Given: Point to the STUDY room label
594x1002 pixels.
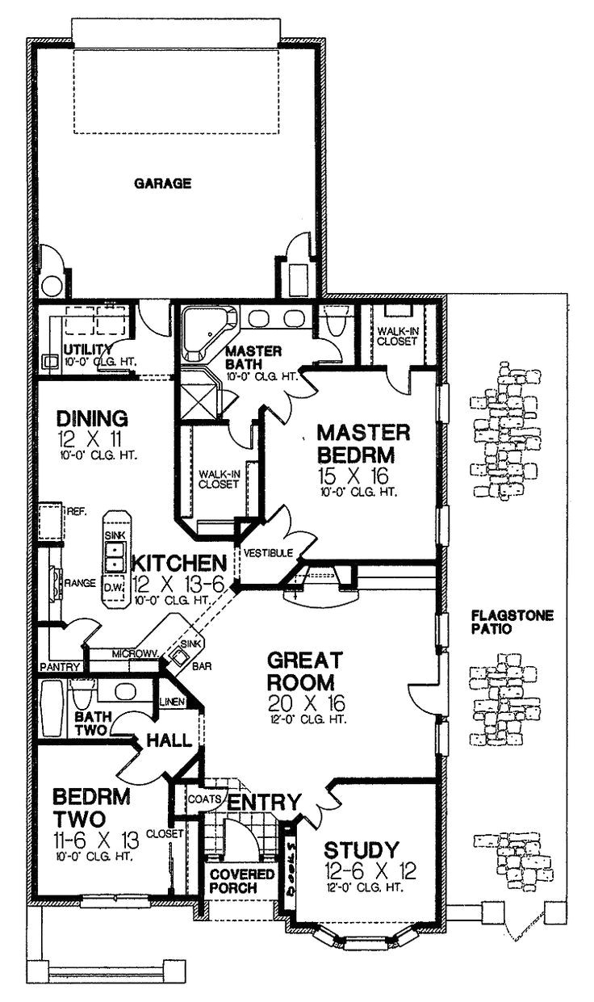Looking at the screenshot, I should pyautogui.click(x=361, y=849).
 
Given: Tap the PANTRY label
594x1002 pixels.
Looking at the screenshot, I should pyautogui.click(x=60, y=667).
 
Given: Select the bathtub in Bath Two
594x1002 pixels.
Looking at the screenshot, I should pyautogui.click(x=52, y=709).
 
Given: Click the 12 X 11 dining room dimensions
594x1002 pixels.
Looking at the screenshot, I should pyautogui.click(x=92, y=440).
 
